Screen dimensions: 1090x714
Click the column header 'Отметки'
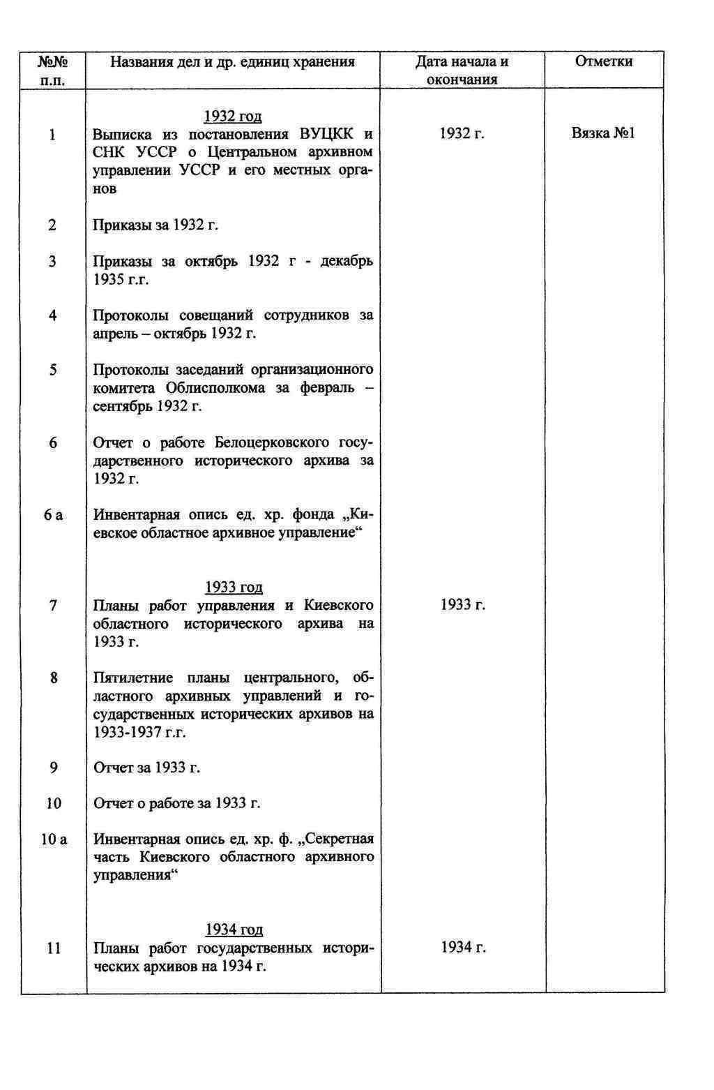[603, 62]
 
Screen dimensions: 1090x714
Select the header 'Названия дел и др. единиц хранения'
[233, 62]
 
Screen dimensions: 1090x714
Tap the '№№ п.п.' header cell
[53, 70]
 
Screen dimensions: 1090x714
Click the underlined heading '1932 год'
[233, 116]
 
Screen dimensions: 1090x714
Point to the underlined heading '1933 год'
[234, 588]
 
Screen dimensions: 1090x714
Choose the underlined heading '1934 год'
[234, 930]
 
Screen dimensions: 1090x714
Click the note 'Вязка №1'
[603, 133]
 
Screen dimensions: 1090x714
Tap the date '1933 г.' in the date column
[462, 605]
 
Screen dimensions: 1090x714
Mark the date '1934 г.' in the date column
[463, 948]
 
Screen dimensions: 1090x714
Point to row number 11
[54, 948]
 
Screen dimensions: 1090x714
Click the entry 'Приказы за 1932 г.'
[156, 225]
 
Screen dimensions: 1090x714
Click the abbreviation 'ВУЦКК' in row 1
[326, 134]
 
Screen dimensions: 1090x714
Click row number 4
[53, 315]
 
